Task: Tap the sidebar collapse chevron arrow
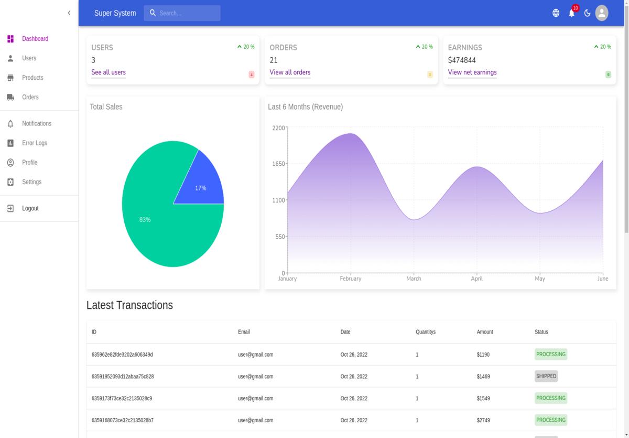click(x=69, y=13)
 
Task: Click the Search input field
click(x=182, y=13)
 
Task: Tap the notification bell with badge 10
click(x=571, y=13)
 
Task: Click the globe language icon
click(x=556, y=13)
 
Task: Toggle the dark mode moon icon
click(x=587, y=13)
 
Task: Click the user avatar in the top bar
click(x=602, y=13)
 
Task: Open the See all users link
click(x=109, y=72)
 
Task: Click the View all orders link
click(x=290, y=72)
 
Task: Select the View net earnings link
click(x=472, y=72)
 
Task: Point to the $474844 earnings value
click(x=462, y=60)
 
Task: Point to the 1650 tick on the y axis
click(x=278, y=164)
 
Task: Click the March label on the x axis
click(x=414, y=279)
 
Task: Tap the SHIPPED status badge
click(x=546, y=376)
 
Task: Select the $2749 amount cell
click(x=483, y=420)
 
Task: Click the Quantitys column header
click(x=426, y=332)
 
